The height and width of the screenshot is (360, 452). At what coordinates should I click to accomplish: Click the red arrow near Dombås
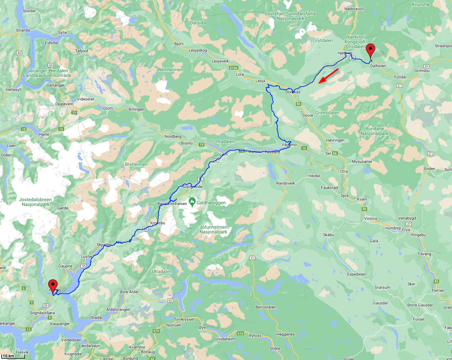[x=328, y=75]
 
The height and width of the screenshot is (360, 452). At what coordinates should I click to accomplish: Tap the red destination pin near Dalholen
[x=371, y=51]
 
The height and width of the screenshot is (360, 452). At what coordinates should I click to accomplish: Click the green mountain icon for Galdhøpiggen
[x=192, y=202]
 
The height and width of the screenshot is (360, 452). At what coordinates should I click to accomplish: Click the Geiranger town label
[x=56, y=85]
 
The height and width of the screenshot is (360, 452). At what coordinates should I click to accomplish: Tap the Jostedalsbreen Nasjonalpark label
[x=35, y=202]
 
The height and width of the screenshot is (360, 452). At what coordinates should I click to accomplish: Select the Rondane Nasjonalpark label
[x=375, y=131]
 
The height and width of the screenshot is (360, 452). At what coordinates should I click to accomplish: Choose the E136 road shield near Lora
[x=233, y=68]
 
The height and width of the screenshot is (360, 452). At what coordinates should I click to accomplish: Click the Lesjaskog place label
[x=197, y=50]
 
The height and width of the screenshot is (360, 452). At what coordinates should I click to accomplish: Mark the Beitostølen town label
[x=266, y=307]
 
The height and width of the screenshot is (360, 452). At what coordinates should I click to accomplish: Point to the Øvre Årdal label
[x=129, y=292]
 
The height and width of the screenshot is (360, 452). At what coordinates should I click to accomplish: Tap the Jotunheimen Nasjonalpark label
[x=213, y=229]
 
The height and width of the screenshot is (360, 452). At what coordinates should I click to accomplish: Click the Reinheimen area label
[x=170, y=70]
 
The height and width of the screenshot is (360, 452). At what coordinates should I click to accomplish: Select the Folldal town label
[x=400, y=77]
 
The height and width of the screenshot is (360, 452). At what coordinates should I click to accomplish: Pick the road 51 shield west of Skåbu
[x=252, y=258]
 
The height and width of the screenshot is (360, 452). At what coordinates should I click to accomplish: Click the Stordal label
[x=29, y=11]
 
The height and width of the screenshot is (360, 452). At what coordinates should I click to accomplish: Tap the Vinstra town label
[x=370, y=219]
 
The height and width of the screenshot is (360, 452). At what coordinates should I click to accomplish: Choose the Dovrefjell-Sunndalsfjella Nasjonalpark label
[x=290, y=16]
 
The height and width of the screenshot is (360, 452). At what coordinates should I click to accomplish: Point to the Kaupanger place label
[x=60, y=324]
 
